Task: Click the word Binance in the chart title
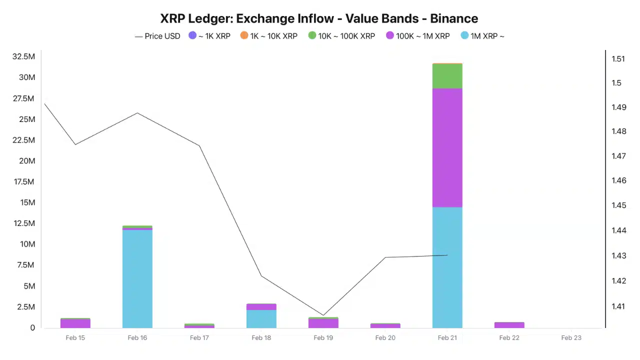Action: (454, 18)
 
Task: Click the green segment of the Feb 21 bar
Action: (447, 76)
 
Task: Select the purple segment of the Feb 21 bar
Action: (447, 147)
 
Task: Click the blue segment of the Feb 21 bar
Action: (447, 267)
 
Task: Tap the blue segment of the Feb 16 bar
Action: (137, 279)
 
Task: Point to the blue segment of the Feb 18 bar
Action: (261, 319)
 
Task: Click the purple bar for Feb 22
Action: (509, 325)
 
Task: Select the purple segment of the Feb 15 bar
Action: (75, 323)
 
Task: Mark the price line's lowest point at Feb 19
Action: (323, 315)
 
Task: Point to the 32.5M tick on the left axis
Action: (23, 56)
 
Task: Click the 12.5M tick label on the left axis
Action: (23, 223)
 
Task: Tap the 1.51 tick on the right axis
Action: (618, 59)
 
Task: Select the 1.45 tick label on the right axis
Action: (618, 205)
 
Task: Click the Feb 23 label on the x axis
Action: (571, 338)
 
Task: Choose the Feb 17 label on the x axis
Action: (199, 338)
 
